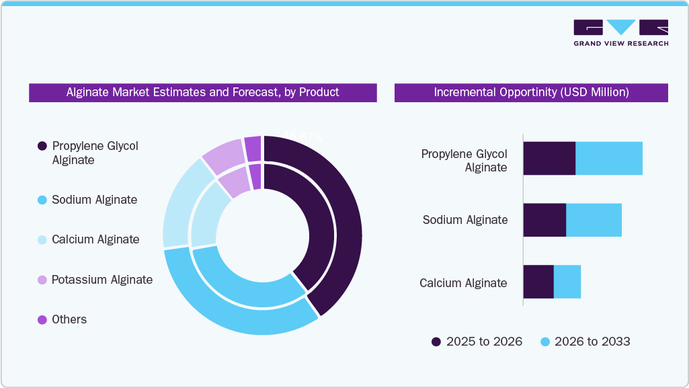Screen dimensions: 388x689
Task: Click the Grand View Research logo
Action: (620, 32)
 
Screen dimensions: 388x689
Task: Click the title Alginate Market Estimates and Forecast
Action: (202, 92)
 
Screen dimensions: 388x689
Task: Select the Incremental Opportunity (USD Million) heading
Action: (531, 92)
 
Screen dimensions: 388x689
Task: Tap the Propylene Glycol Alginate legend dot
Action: (42, 146)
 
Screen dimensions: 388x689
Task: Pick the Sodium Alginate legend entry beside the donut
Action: (94, 200)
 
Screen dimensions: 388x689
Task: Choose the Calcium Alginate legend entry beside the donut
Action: (95, 239)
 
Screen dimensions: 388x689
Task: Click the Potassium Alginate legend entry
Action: (102, 280)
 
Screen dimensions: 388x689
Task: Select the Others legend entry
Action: (69, 319)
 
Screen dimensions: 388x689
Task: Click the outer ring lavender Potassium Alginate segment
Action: (222, 154)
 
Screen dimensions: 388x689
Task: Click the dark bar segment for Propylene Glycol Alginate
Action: (549, 159)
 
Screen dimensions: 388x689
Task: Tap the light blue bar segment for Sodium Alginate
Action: (594, 220)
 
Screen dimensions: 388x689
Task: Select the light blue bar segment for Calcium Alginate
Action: (567, 282)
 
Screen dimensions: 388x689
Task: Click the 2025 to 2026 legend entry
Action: (477, 342)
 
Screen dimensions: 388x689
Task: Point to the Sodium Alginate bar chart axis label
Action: (465, 220)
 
